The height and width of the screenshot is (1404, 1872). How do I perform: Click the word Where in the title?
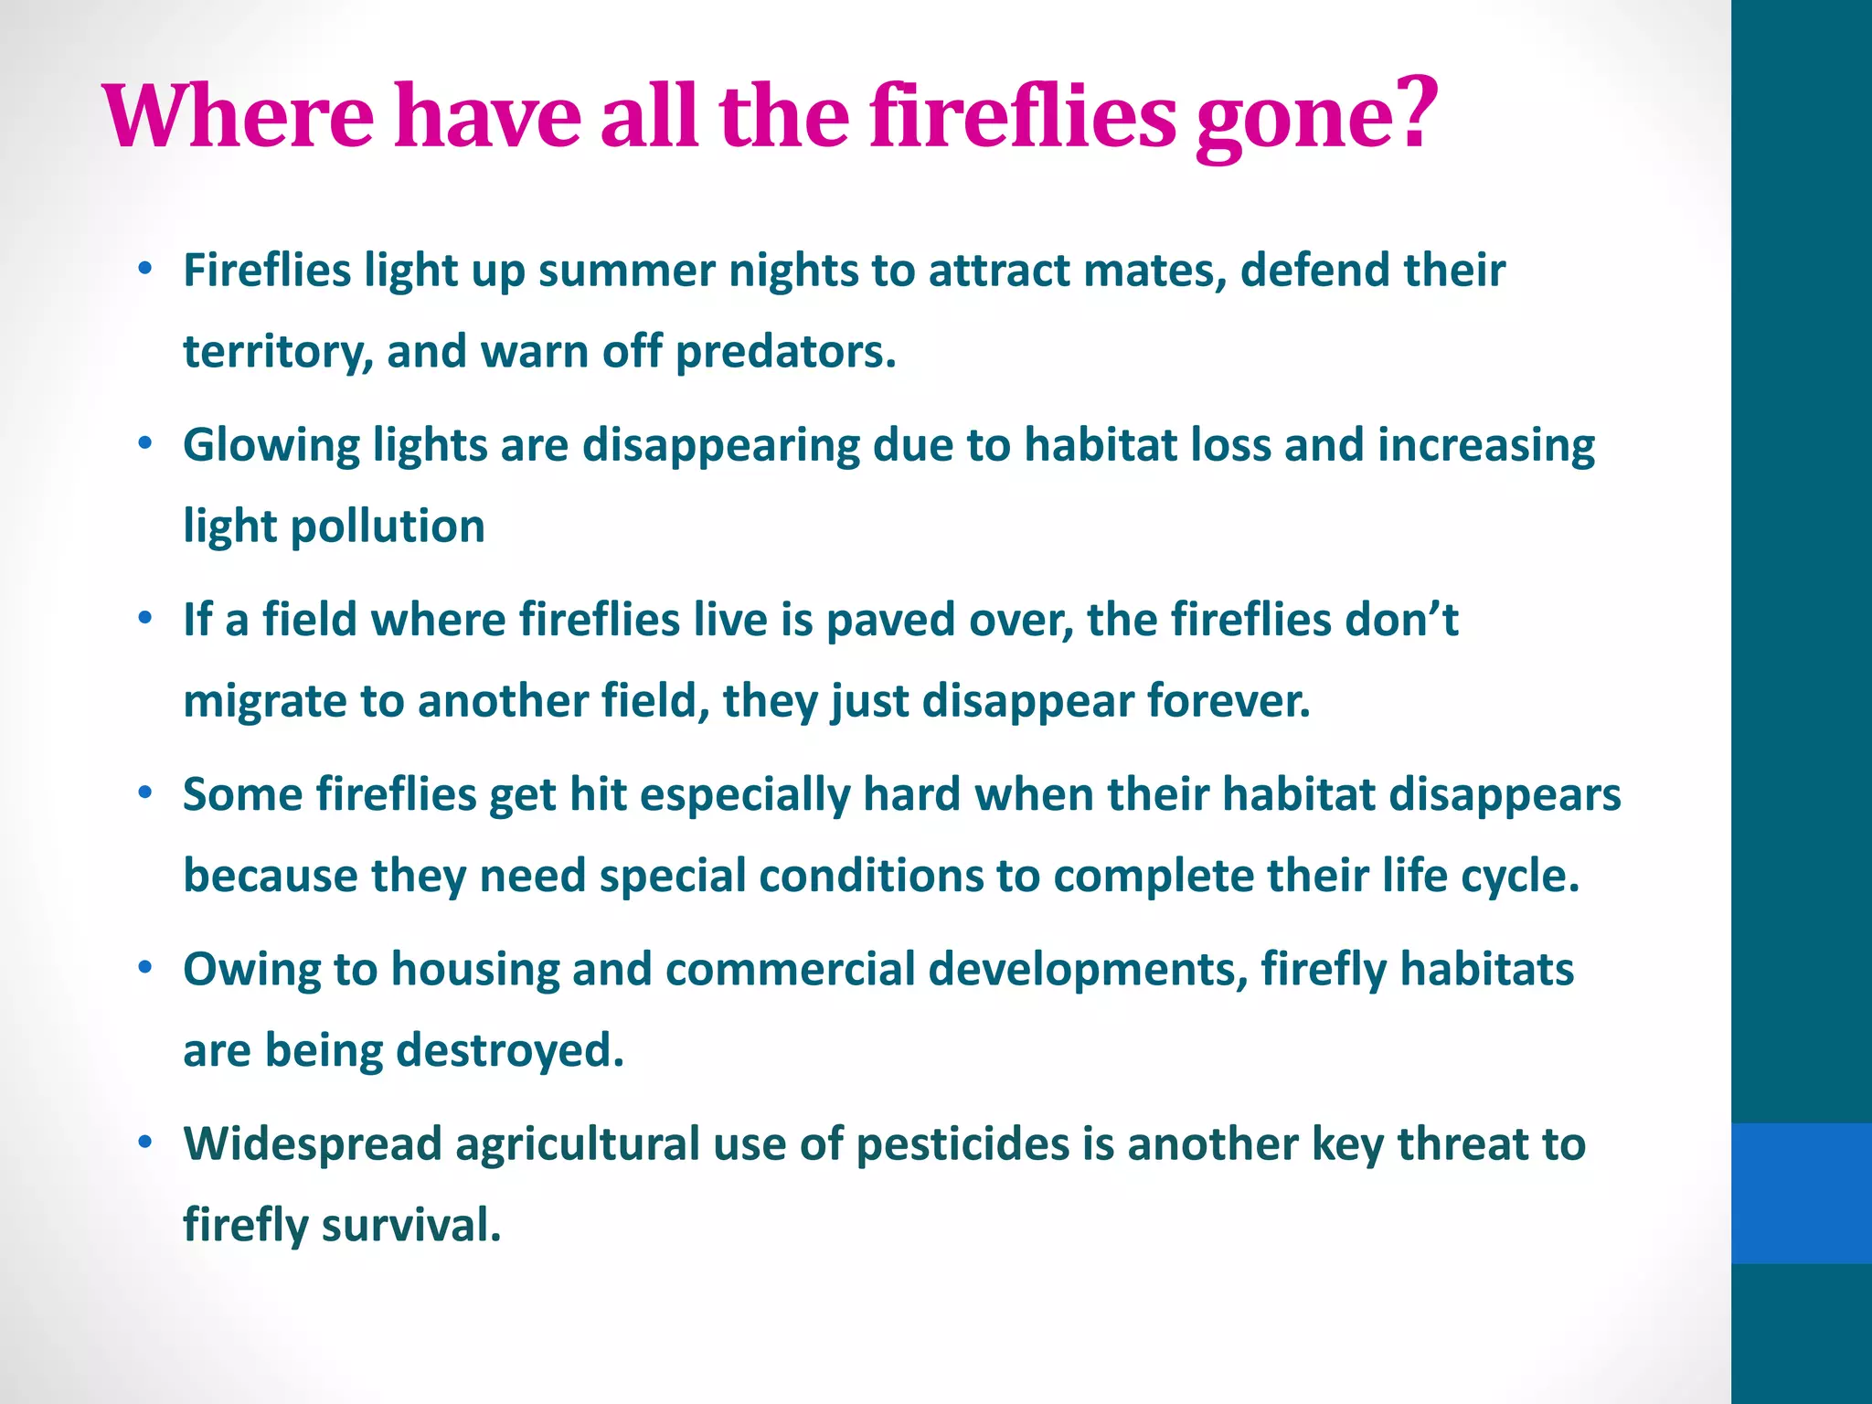(239, 118)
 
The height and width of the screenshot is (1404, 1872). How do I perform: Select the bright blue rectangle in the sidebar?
(1801, 1193)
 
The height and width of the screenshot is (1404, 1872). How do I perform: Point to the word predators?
(785, 352)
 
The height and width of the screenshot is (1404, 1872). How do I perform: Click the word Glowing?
(271, 447)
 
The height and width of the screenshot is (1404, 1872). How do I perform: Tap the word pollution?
(388, 527)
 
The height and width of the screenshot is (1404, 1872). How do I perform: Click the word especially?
(744, 795)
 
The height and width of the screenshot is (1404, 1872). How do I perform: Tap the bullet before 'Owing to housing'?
(144, 968)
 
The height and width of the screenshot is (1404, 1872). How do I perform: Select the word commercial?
(790, 969)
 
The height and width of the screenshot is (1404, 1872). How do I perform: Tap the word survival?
(410, 1226)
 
